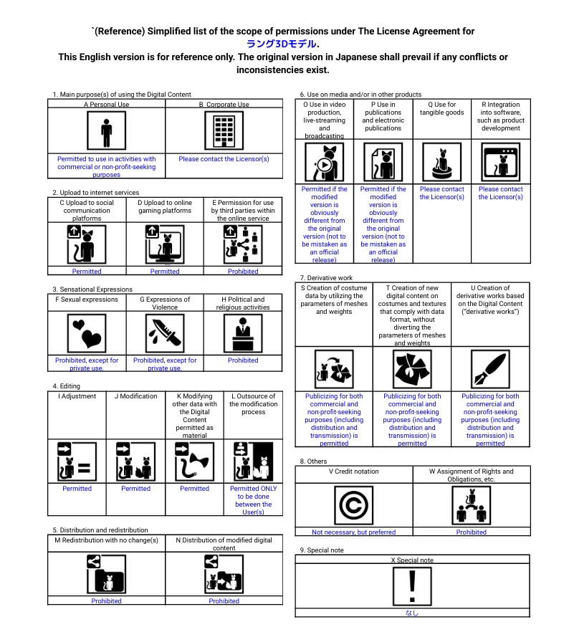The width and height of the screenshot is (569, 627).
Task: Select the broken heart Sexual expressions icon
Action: coord(87,332)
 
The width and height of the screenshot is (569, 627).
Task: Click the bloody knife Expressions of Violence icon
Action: coord(165,332)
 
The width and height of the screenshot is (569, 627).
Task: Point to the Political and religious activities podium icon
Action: coord(243,332)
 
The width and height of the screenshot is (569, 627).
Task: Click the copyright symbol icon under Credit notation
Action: coord(353,504)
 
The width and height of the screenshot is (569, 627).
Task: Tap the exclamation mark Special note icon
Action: coord(412,585)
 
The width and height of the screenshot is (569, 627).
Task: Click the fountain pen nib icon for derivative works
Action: coord(490,369)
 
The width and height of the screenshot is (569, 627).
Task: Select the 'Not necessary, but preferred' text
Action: coord(353,532)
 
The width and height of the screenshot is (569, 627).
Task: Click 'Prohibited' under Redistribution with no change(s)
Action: coord(106,601)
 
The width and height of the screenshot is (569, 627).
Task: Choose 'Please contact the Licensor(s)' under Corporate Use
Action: coord(224,159)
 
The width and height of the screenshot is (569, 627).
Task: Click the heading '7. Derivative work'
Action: coord(326,278)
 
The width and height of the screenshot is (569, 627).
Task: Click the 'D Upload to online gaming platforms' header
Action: coord(165,207)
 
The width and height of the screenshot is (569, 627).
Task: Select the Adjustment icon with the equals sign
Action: coord(77,461)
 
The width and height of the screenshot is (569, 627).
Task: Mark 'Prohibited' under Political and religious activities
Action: coord(243,360)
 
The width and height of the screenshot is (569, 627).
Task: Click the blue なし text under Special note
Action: coord(412,613)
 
